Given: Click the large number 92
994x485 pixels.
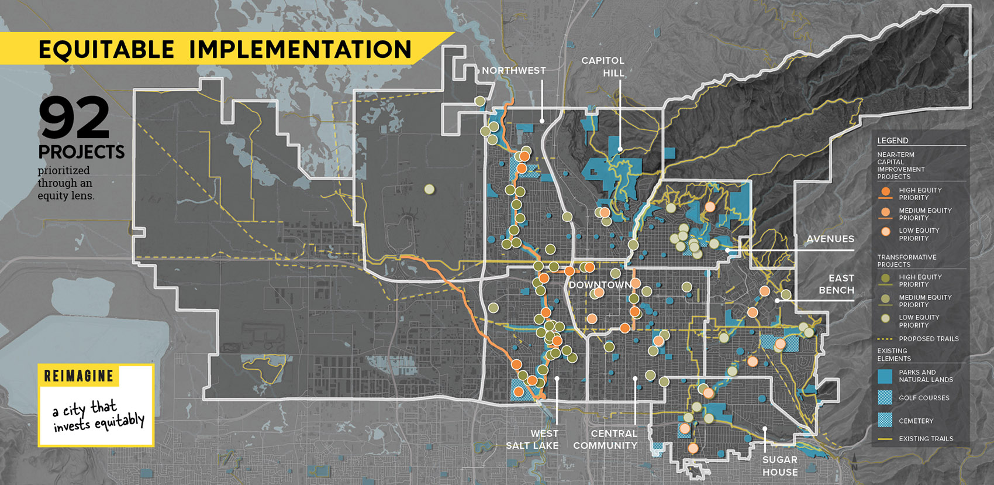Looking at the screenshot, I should (x=74, y=119).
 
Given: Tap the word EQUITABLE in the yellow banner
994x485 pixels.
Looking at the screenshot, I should (x=106, y=50).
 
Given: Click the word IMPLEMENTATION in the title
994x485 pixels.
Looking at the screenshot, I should (x=300, y=50).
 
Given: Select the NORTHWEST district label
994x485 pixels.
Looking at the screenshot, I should (x=513, y=71).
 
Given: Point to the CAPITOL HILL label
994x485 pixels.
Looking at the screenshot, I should (x=603, y=67).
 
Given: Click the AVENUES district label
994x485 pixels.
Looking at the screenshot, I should (x=830, y=239).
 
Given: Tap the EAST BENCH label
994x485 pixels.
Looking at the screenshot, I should (x=837, y=284).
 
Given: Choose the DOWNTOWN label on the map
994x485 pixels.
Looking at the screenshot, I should (x=600, y=285).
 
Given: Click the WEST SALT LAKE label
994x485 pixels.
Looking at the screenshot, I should (x=533, y=439).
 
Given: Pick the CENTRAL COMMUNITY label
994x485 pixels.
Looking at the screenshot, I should (x=606, y=439).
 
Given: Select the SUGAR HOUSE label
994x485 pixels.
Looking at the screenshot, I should (x=780, y=466).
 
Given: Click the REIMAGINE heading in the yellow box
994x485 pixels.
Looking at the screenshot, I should (x=79, y=376).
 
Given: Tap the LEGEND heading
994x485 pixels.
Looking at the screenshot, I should (x=892, y=140).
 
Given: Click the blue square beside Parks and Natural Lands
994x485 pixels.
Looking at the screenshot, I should (x=885, y=376).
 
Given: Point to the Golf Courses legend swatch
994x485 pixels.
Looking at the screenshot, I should (x=885, y=398).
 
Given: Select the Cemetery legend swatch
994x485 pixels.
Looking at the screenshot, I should (x=885, y=420).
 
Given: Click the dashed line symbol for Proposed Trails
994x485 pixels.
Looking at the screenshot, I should (x=885, y=339).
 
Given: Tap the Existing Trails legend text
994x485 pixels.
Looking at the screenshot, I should (x=926, y=439).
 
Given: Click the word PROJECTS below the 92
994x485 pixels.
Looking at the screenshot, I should (x=81, y=152).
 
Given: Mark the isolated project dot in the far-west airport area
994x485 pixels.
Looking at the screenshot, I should (x=429, y=189).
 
